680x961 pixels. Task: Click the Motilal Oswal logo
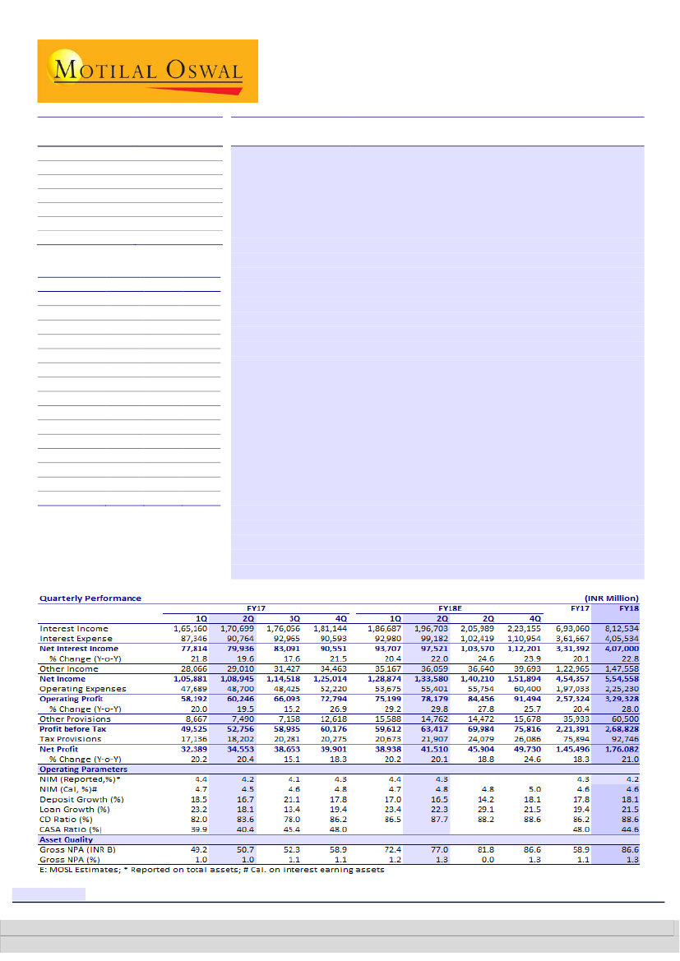point(148,71)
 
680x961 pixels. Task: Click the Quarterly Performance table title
point(90,598)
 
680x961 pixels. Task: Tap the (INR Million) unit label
point(611,598)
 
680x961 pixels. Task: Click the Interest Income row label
point(74,628)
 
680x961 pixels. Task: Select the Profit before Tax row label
point(72,728)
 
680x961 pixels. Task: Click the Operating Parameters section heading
point(83,769)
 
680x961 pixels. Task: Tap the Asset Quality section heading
point(67,839)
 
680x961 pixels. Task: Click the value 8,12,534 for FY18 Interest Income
point(622,628)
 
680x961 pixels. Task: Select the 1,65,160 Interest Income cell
point(190,628)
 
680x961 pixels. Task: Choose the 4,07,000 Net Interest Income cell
point(622,649)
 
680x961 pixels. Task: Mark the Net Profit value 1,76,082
point(622,749)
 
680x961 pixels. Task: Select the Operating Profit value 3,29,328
point(622,699)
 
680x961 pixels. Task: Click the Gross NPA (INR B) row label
point(80,849)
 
